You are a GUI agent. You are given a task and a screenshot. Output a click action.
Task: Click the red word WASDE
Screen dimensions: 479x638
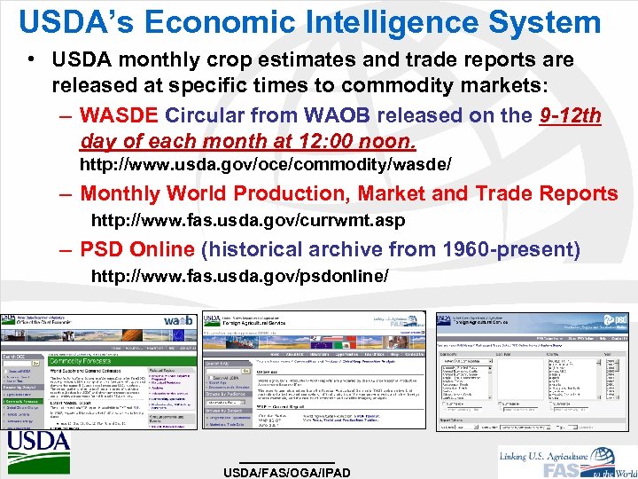point(119,116)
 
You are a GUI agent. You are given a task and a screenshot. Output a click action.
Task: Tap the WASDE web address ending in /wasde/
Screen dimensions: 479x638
point(266,165)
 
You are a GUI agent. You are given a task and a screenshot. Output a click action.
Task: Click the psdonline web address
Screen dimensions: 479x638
point(239,276)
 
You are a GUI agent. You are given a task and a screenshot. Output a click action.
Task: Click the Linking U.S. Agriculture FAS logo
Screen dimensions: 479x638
point(568,459)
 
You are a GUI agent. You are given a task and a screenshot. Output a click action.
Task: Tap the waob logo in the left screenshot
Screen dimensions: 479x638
point(177,320)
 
